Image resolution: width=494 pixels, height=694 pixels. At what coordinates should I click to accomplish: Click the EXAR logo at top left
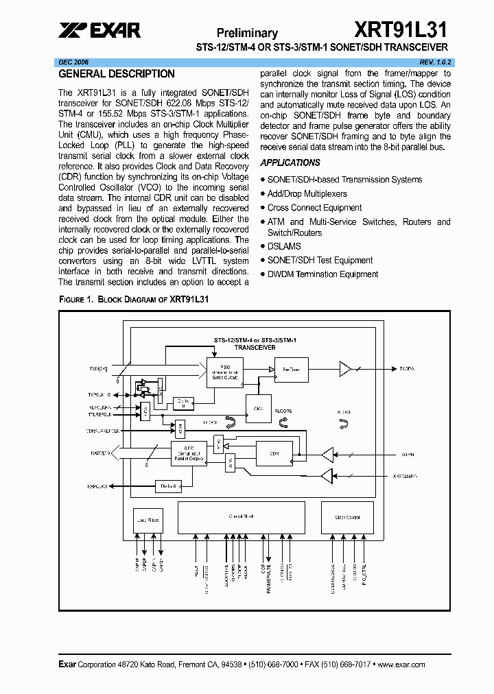tap(99, 30)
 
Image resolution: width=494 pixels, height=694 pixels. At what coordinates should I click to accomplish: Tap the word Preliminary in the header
tap(247, 33)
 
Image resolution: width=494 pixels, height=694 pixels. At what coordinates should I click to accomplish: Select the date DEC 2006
tap(73, 62)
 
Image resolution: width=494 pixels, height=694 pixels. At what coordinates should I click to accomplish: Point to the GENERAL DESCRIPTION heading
tap(117, 74)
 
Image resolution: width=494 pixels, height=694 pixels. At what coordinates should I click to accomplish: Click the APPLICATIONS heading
tap(290, 163)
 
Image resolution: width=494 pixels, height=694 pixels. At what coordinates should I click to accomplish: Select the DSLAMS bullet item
tap(284, 246)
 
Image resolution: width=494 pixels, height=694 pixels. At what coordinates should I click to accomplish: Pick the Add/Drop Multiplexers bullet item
tap(307, 193)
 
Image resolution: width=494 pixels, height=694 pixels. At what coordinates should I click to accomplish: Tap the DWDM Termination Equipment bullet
tap(322, 274)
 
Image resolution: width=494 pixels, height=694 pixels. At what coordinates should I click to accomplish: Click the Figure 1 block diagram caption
tap(134, 300)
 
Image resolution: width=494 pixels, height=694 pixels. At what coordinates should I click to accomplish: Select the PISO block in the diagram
tap(224, 372)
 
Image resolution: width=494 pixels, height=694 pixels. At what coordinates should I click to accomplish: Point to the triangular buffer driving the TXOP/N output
tap(344, 370)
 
